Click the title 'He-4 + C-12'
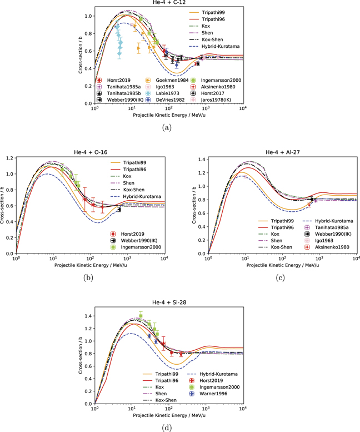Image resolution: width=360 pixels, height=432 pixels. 168,3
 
